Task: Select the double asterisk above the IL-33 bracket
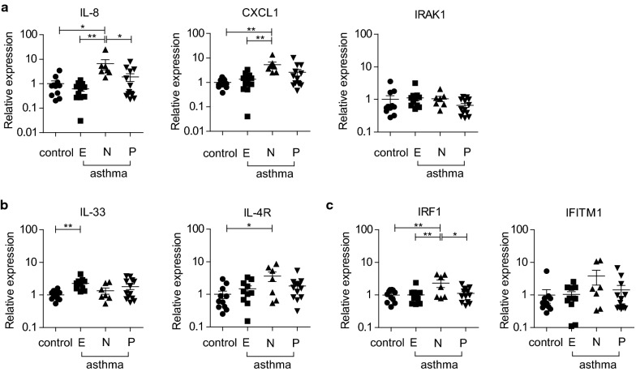[68, 227]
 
